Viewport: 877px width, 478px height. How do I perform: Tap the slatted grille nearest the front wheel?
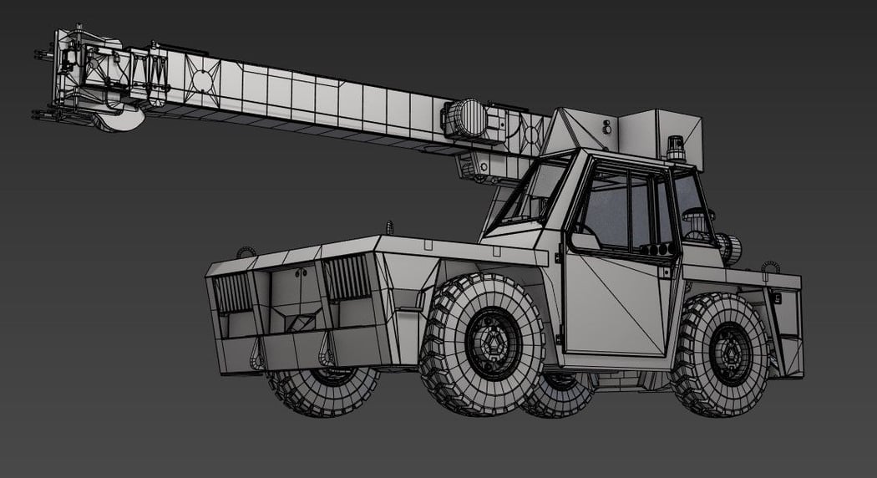[346, 277]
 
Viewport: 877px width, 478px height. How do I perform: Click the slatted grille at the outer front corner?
[233, 292]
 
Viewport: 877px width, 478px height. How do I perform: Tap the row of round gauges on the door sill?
[656, 249]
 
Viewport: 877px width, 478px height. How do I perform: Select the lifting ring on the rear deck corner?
[768, 267]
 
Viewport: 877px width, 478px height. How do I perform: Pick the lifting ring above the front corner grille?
[245, 252]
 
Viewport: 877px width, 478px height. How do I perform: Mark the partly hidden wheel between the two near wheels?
[557, 393]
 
